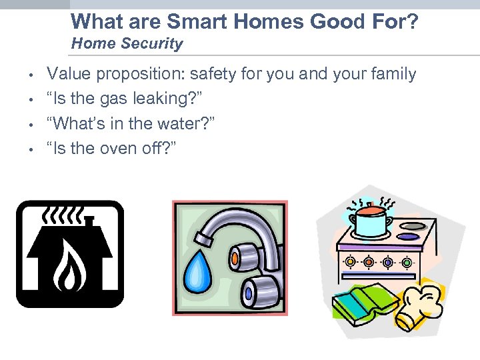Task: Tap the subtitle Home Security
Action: point(127,44)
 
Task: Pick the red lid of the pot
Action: point(372,209)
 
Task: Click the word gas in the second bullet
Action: point(118,99)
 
